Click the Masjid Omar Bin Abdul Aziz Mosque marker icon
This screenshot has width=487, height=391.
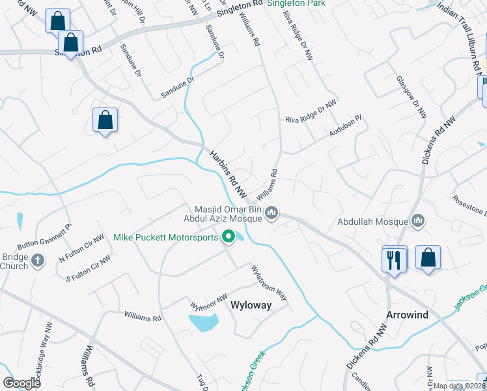tap(273, 213)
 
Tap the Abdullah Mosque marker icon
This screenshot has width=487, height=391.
tap(418, 221)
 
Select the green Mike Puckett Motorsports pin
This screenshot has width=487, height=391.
tap(229, 237)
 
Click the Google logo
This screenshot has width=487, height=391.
tap(21, 383)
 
